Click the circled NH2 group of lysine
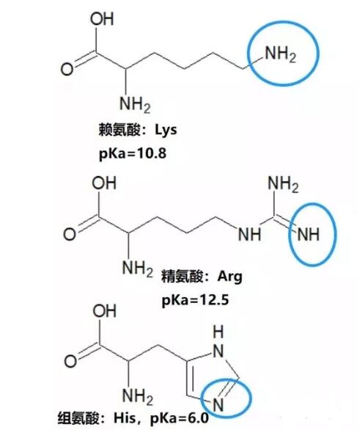point(281,54)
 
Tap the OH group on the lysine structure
point(102,19)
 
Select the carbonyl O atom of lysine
point(67,69)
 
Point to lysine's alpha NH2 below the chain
point(135,104)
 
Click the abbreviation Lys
point(166,130)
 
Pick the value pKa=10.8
point(133,153)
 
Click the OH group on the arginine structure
point(104,183)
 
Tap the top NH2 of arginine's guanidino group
point(283,183)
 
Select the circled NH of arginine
point(309,235)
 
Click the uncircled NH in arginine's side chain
point(249,235)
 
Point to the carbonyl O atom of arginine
point(70,235)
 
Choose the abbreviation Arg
point(230,277)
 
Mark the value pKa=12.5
point(195,300)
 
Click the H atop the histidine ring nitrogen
point(218,332)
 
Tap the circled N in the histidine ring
point(218,404)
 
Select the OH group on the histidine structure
point(104,311)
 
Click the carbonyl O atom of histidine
point(70,361)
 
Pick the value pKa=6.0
point(180,418)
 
